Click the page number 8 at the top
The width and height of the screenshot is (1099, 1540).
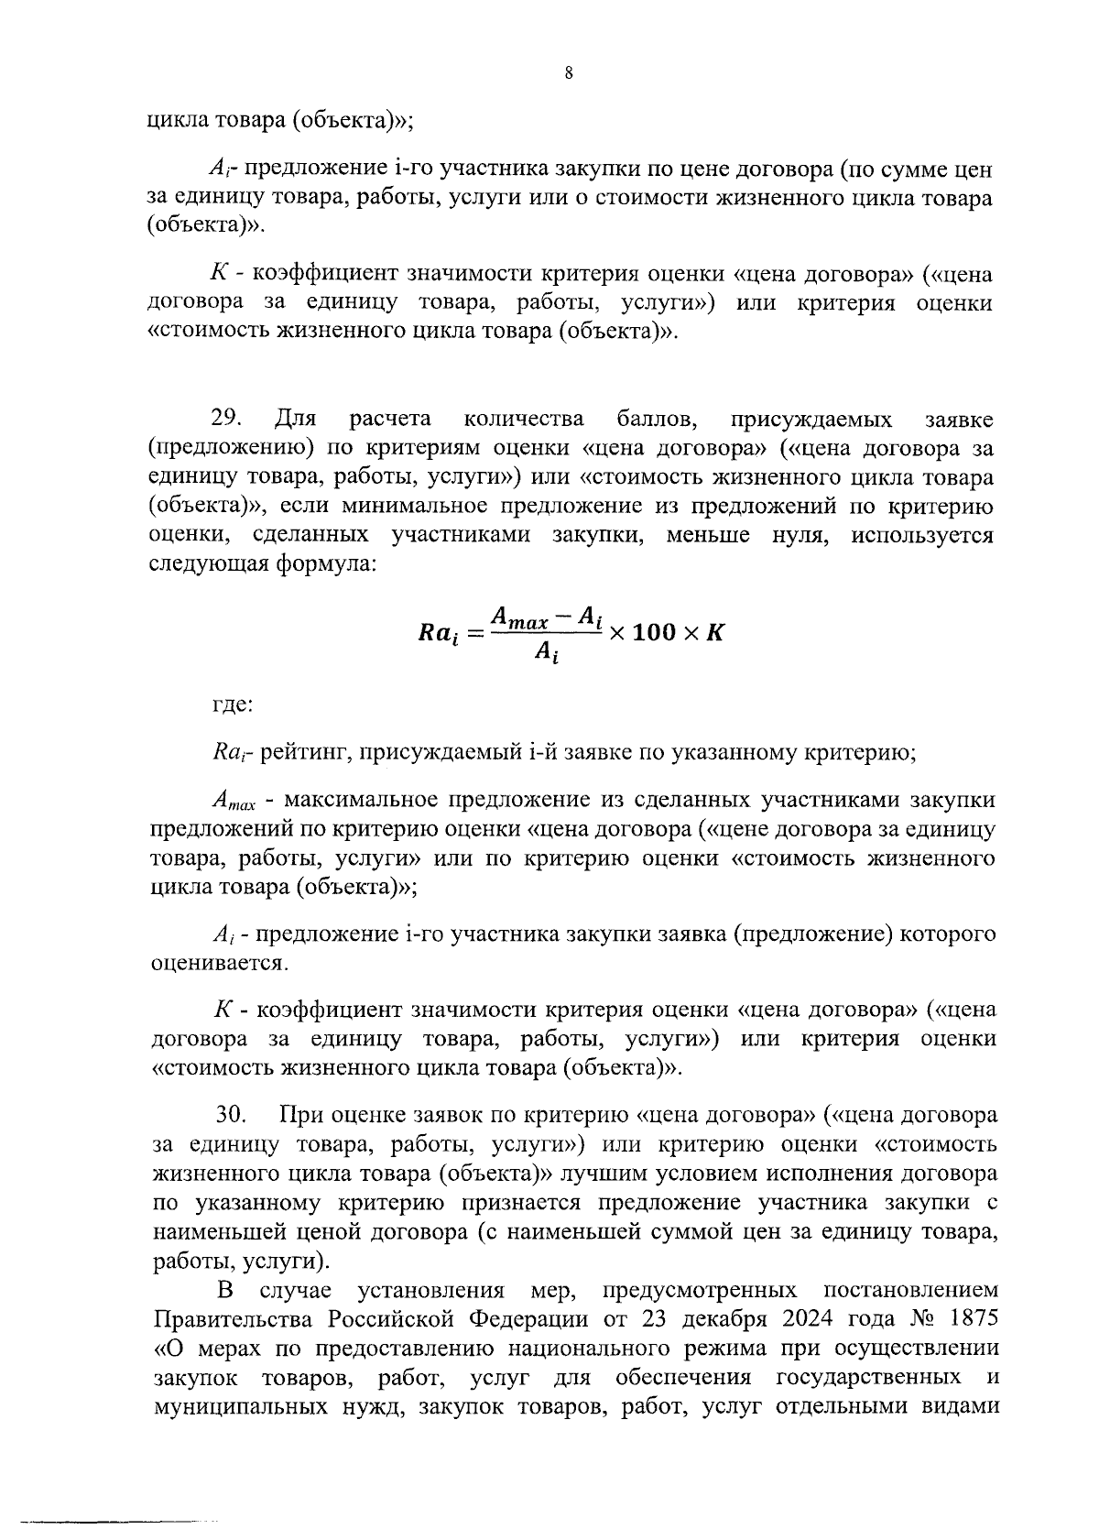click(x=569, y=74)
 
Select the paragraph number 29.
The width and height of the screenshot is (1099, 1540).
click(x=225, y=419)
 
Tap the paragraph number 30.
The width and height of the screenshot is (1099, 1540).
click(x=231, y=1115)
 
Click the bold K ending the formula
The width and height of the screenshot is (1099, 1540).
click(x=715, y=632)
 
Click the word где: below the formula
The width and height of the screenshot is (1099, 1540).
click(x=233, y=705)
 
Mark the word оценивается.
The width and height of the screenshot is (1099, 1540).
click(x=218, y=963)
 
